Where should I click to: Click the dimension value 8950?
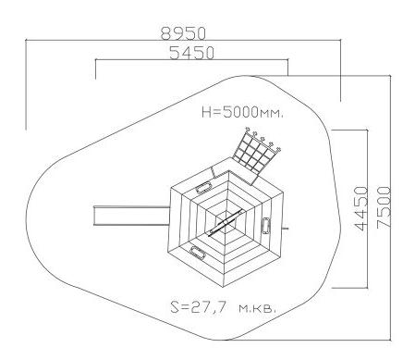coord(183,33)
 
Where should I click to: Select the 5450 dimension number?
coord(191,53)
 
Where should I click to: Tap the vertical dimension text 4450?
coord(361,208)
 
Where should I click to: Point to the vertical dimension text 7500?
coord(384,206)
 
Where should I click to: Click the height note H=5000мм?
coord(242,112)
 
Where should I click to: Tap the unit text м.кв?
coord(257,308)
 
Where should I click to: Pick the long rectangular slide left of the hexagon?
coord(131,216)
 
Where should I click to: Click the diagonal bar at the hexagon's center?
coord(225,222)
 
